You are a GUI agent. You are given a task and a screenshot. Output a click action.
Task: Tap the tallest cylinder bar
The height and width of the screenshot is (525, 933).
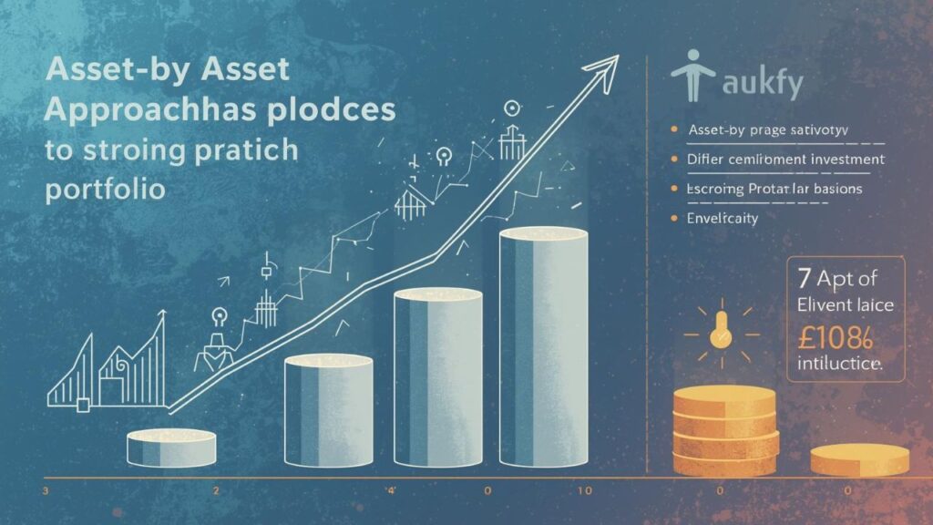[544, 346]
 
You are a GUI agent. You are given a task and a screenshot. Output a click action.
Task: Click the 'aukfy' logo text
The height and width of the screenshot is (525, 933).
[762, 85]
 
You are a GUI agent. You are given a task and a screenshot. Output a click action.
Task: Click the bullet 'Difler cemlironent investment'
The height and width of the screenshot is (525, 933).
[784, 160]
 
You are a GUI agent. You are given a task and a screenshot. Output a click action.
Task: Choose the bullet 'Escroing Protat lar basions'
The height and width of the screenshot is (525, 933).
[774, 189]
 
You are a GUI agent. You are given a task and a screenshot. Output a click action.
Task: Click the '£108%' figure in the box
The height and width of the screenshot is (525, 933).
[832, 336]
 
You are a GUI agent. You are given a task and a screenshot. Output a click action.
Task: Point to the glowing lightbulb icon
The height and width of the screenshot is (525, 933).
[722, 332]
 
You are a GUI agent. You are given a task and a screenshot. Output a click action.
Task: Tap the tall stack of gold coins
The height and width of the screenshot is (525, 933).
[725, 429]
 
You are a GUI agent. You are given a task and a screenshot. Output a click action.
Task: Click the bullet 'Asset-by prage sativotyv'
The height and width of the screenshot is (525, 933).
[768, 130]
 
